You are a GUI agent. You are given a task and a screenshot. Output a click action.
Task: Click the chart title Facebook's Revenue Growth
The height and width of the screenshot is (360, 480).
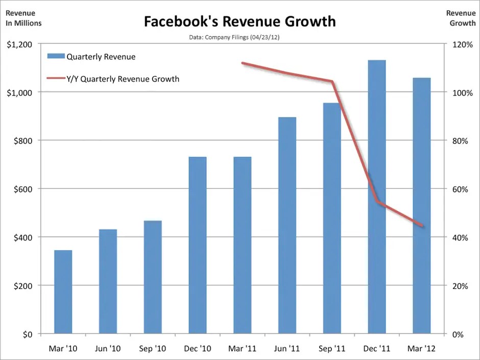click(239, 21)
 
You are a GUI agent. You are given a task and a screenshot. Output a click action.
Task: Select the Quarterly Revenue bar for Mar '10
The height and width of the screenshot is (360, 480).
click(63, 292)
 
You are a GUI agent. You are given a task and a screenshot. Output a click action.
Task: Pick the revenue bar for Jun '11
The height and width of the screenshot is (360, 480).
click(287, 225)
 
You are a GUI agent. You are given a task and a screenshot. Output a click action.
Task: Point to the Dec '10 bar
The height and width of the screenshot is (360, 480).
click(198, 245)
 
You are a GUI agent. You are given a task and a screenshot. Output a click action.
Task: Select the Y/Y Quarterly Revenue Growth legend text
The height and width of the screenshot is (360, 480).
click(123, 79)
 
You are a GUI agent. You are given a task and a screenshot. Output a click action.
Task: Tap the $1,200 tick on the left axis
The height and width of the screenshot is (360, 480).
click(19, 44)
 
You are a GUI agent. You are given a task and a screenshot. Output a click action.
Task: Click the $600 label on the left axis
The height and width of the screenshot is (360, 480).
click(23, 189)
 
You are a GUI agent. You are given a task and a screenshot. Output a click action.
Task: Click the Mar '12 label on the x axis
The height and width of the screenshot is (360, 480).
click(422, 349)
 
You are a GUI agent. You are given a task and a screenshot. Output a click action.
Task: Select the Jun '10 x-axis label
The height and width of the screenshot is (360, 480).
click(108, 349)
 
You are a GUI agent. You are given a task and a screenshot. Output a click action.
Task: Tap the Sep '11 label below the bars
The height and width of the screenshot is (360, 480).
click(332, 349)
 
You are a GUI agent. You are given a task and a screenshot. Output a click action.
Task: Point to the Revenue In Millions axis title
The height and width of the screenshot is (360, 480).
click(23, 18)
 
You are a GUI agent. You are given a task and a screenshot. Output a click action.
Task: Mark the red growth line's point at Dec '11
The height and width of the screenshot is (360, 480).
click(377, 202)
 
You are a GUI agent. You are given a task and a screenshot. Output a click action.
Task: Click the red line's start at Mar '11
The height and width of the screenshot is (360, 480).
click(242, 63)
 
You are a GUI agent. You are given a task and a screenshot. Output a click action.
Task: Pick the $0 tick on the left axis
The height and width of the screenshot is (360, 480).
click(27, 334)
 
